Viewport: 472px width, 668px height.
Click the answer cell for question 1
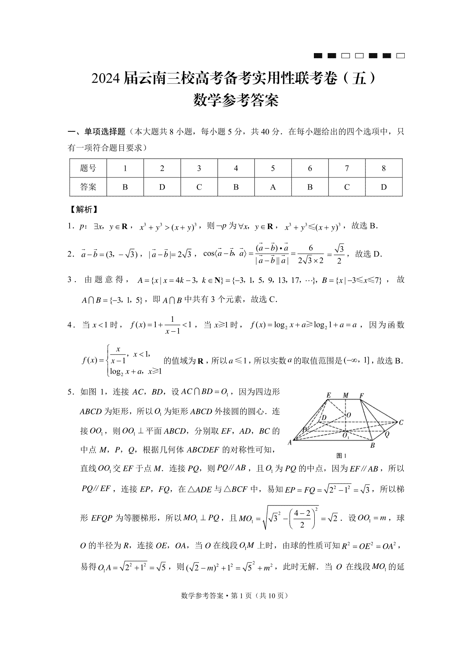pos(125,187)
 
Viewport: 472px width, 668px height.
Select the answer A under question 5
pos(273,187)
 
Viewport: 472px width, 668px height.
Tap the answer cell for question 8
pos(383,187)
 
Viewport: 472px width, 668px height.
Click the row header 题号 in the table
pos(88,168)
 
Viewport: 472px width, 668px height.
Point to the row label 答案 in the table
pos(88,187)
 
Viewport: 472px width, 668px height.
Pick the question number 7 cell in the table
pos(347,168)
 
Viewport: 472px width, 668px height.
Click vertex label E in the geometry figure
pos(329,395)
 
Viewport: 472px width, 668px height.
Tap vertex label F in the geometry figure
pos(361,395)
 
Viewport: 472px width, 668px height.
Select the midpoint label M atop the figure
pos(346,395)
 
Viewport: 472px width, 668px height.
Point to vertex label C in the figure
pos(401,423)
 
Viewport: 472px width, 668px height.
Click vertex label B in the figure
pos(372,445)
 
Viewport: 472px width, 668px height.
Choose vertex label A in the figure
pos(290,442)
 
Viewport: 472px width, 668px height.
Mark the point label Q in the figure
pos(387,435)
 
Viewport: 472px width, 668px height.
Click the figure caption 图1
pos(341,456)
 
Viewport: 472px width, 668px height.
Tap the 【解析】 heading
pos(82,210)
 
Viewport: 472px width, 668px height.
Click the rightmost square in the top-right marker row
pos(400,56)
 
